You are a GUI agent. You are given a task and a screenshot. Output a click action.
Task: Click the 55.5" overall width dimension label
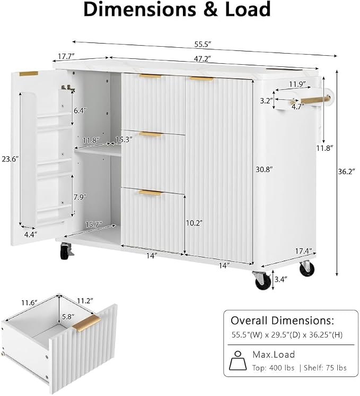(x=203, y=45)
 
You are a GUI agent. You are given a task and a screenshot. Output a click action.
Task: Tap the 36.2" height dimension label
(x=346, y=171)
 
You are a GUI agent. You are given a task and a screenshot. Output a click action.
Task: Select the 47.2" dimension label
(x=203, y=59)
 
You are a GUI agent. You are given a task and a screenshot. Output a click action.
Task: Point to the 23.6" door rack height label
(x=11, y=159)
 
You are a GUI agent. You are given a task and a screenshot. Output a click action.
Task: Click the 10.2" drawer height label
(x=194, y=223)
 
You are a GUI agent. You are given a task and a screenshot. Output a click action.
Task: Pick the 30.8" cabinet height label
(x=265, y=169)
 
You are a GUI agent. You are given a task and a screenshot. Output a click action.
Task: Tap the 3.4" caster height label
(x=281, y=279)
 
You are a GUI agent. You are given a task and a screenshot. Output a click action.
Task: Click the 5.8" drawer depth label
(x=68, y=316)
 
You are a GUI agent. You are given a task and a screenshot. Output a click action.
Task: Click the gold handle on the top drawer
(x=151, y=76)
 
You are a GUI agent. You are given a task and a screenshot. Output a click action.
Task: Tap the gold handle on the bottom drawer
(x=151, y=193)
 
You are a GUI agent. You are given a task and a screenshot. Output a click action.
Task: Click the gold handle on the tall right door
(x=201, y=79)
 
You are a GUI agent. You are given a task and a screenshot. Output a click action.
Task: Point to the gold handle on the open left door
(x=29, y=73)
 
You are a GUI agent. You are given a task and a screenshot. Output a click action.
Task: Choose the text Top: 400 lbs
(x=273, y=368)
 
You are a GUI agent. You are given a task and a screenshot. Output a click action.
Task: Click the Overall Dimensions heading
(x=282, y=321)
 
